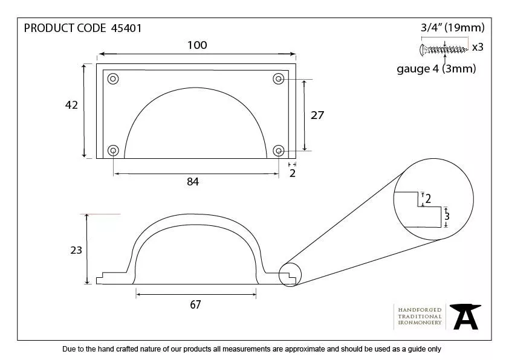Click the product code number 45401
tap(127, 28)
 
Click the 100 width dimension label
tap(197, 45)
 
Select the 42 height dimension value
tap(71, 105)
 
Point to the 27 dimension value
tap(317, 115)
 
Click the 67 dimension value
tap(195, 304)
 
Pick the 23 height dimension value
tap(76, 249)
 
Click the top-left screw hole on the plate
tap(114, 79)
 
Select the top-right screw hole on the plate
tap(279, 79)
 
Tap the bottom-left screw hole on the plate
tap(114, 150)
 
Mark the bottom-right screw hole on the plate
tap(279, 150)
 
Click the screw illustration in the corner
tap(444, 48)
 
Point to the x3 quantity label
tap(478, 47)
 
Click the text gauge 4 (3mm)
tap(436, 69)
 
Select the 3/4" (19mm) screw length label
tap(453, 28)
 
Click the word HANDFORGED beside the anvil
tap(420, 309)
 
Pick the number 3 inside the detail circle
tap(447, 216)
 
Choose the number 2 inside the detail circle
tap(428, 199)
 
